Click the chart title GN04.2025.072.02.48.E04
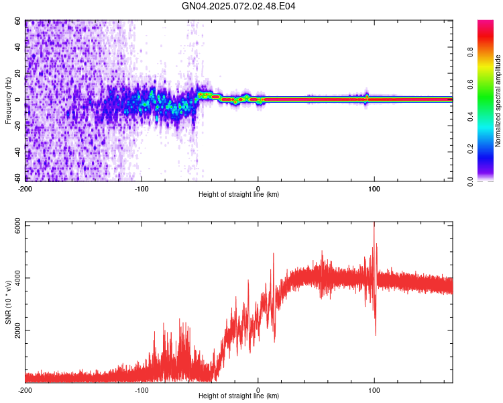pos(239,6)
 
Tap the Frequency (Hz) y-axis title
pos(8,101)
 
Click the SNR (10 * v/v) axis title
pos(8,302)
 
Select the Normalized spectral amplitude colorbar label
pos(498,101)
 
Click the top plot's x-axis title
pos(239,194)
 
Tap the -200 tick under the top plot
pos(25,187)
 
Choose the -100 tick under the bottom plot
pos(142,389)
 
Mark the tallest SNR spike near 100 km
pos(374,224)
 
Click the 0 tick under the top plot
pos(258,187)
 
